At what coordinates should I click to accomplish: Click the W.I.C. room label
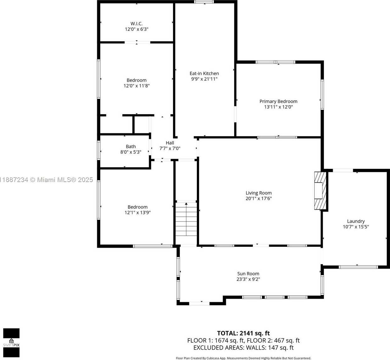136,24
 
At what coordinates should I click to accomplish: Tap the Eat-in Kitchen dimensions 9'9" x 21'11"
204,79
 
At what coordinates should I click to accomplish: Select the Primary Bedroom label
278,101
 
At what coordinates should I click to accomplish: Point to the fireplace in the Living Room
320,191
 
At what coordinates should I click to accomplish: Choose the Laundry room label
356,221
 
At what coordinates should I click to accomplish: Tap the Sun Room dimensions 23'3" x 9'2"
248,279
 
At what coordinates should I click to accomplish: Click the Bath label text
131,146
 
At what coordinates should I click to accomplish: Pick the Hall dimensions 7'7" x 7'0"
170,148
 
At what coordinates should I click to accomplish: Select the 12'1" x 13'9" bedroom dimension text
137,212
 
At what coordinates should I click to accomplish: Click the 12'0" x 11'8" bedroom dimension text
136,86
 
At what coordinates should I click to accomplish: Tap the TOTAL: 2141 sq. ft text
243,333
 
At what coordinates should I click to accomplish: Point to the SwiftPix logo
11,343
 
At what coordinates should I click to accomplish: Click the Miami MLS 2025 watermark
46,180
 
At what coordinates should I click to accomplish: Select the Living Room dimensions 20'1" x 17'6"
259,198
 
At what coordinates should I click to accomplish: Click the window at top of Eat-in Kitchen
204,2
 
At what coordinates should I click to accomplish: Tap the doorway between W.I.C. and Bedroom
137,42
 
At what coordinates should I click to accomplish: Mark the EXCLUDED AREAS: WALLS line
243,347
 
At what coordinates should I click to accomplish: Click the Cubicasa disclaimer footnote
243,358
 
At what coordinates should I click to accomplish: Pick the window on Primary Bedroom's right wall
322,94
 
